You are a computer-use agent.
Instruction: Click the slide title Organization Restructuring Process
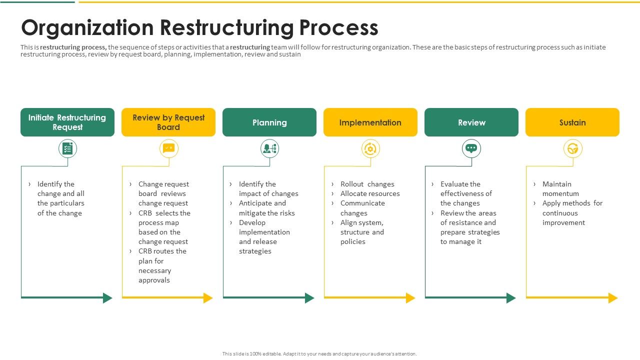199,28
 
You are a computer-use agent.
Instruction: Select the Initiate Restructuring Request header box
67,122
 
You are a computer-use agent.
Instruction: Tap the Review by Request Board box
168,122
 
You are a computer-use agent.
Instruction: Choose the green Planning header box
269,122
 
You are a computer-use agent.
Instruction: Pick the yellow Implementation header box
370,122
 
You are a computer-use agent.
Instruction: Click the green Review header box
471,122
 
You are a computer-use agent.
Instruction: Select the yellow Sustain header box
572,122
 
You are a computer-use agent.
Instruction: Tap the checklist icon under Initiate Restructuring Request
67,148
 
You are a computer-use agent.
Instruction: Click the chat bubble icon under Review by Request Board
168,148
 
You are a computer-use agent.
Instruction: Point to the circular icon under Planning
269,148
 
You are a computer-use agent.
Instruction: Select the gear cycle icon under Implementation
370,148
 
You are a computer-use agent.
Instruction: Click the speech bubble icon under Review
471,148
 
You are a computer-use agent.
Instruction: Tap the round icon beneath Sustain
572,148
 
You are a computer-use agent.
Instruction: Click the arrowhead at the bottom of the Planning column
309,298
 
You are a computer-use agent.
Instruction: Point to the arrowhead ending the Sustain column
613,298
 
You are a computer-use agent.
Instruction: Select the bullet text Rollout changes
367,184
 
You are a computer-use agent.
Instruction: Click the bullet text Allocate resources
370,193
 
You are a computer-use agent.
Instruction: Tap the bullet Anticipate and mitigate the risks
266,208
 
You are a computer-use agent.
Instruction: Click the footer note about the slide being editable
319,354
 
